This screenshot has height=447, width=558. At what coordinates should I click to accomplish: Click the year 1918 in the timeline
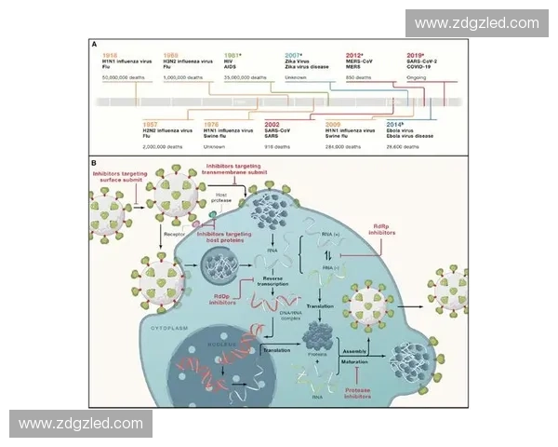coord(112,56)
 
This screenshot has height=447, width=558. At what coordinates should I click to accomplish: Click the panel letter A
coord(94,44)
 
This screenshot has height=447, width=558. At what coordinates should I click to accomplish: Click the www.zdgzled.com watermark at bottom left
coord(81,424)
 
